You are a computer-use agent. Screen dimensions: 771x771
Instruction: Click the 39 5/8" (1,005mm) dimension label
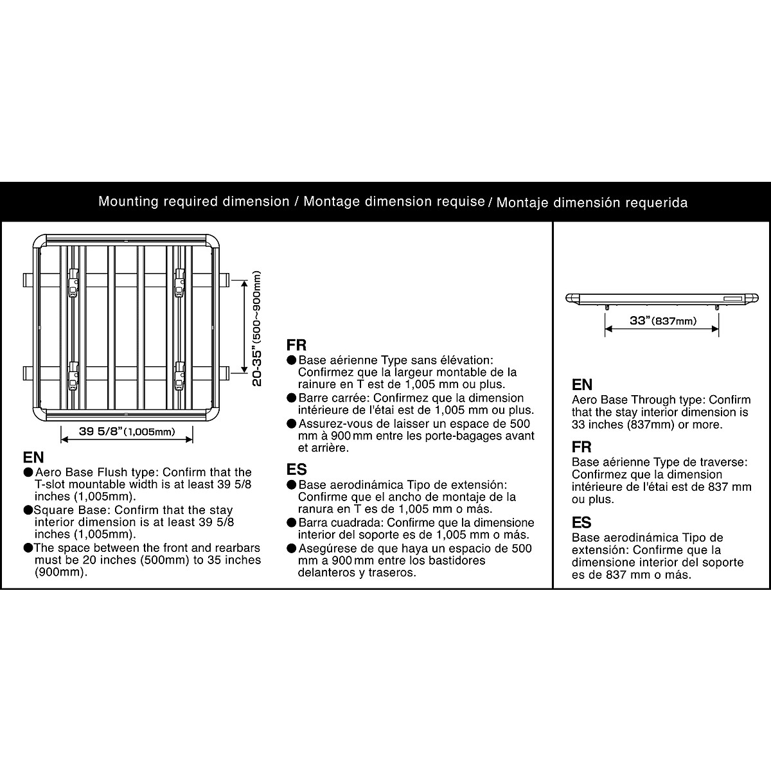(127, 431)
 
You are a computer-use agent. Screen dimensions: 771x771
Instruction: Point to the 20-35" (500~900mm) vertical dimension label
(257, 328)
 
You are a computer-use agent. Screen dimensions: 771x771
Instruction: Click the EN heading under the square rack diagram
(33, 458)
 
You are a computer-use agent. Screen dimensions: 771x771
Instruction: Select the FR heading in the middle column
(296, 345)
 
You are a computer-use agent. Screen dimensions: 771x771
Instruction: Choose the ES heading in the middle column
(296, 469)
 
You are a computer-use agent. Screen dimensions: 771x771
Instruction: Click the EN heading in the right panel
(582, 385)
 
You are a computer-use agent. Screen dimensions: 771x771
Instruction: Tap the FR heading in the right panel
(581, 447)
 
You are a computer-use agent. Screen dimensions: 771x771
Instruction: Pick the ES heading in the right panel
(581, 522)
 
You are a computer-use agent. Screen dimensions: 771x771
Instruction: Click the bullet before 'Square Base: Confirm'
(28, 510)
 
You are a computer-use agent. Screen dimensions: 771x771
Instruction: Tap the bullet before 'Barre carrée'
(292, 398)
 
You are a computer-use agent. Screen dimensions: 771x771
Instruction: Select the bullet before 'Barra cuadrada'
(292, 522)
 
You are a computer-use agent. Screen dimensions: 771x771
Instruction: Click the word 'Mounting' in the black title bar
(128, 201)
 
